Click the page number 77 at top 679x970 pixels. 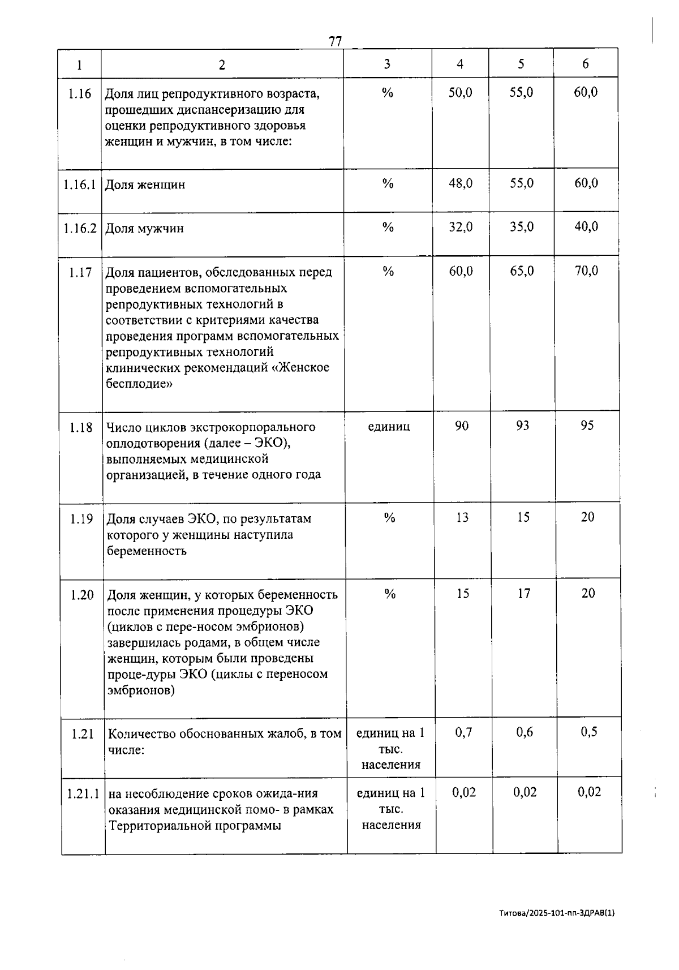coord(335,41)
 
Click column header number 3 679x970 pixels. coord(387,63)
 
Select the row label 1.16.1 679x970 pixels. coord(80,184)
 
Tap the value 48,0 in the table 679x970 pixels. coord(461,183)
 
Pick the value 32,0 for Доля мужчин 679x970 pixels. coord(461,227)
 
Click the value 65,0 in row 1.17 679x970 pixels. coord(521,271)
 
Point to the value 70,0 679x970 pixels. coord(586,271)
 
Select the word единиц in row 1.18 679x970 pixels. coord(389,426)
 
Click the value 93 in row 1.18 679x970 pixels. coord(522,426)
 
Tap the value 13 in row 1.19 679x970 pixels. coord(462,517)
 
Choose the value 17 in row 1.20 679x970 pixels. coord(524,593)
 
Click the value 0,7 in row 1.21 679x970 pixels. coord(463,732)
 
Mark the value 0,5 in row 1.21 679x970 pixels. coord(588,732)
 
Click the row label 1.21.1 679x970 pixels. coord(83,793)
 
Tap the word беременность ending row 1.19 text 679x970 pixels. coord(147,551)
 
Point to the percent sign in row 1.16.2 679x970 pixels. coord(388,227)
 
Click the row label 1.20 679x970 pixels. coord(82,595)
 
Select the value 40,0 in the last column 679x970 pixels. coord(586,227)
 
